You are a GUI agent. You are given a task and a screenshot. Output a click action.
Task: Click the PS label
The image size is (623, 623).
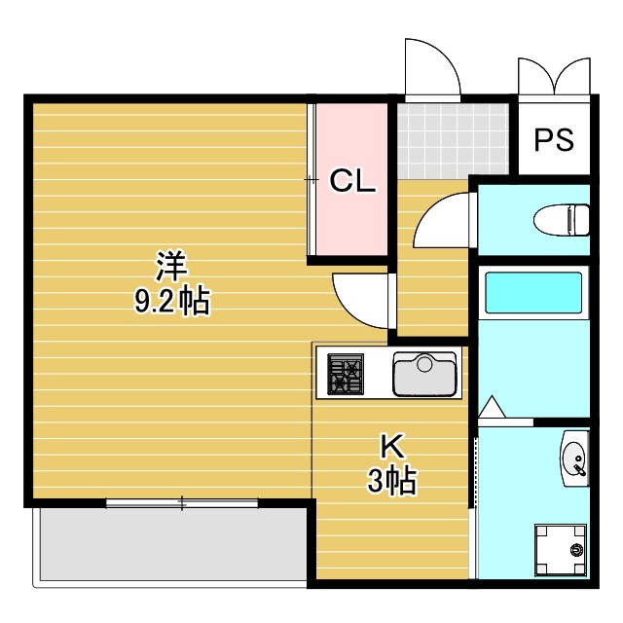tap(553, 139)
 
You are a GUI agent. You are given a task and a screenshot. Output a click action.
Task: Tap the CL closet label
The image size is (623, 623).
tap(351, 181)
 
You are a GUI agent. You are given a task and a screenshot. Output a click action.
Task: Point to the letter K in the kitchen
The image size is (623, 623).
tap(391, 447)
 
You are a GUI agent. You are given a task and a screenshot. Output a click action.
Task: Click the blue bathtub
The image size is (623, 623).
tap(532, 293)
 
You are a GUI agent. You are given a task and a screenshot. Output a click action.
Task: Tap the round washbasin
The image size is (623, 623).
tap(573, 456)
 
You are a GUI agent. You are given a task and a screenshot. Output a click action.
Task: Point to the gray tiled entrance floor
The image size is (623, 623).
tap(453, 140)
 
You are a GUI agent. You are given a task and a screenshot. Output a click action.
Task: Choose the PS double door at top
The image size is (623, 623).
tap(554, 76)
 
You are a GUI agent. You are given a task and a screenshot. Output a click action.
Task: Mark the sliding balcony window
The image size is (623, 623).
tap(181, 503)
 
